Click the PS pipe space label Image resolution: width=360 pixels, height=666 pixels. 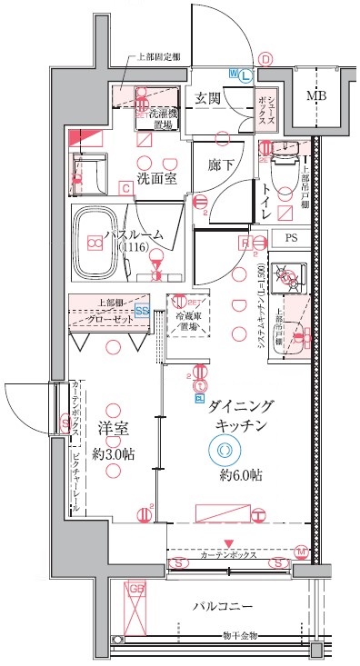290,239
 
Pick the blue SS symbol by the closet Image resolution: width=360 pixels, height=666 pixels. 142,310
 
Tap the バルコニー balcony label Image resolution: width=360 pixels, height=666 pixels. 222,606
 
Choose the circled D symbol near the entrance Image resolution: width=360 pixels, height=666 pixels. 265,59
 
